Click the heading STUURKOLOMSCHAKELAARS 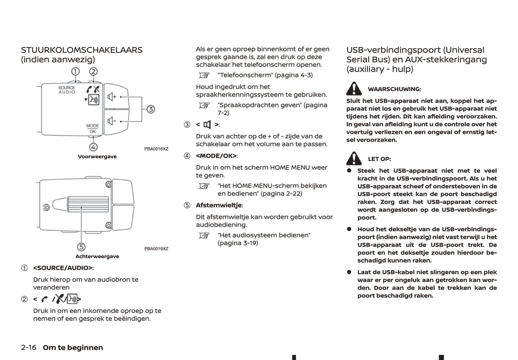[82, 50]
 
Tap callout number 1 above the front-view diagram [75, 71]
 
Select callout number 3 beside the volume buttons [151, 109]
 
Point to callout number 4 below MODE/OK [93, 147]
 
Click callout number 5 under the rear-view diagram [81, 247]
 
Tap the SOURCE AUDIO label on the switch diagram [67, 90]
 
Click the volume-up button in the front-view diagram [116, 97]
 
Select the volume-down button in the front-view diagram [116, 121]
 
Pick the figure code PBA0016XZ [156, 149]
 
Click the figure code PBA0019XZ [156, 249]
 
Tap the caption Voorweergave [97, 157]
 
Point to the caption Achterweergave [97, 256]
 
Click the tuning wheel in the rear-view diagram [87, 205]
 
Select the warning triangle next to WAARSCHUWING [354, 88]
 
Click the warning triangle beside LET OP [354, 158]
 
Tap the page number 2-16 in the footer [29, 347]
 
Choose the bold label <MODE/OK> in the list [216, 156]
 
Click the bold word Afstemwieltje [219, 205]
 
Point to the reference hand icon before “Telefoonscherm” [204, 75]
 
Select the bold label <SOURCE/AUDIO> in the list [63, 268]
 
